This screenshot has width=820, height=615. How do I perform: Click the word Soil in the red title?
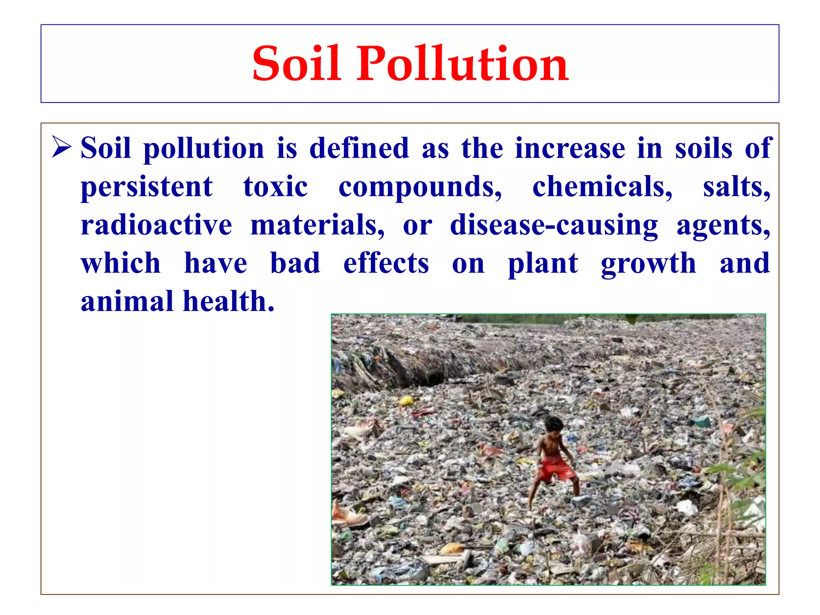pos(297,64)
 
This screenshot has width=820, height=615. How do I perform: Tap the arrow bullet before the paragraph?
pos(62,147)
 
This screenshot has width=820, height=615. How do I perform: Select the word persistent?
pos(147,187)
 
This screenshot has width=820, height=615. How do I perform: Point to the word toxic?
pos(275,187)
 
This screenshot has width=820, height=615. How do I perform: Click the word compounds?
pos(420,187)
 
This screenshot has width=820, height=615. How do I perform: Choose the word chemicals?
pos(602,187)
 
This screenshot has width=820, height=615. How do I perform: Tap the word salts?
pos(736,187)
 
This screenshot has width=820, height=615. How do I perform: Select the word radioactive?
pos(156,225)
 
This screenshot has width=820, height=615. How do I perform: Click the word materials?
pos(317,225)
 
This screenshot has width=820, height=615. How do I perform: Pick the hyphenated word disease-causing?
pos(554,225)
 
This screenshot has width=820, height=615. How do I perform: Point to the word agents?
pos(723,225)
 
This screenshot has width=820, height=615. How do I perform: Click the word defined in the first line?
pos(359,149)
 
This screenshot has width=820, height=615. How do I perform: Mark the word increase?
pos(570,149)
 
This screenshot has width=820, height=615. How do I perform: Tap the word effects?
pos(386,263)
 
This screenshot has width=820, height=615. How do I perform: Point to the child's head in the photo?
pos(554,424)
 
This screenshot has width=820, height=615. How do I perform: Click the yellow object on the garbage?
pos(406,401)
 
